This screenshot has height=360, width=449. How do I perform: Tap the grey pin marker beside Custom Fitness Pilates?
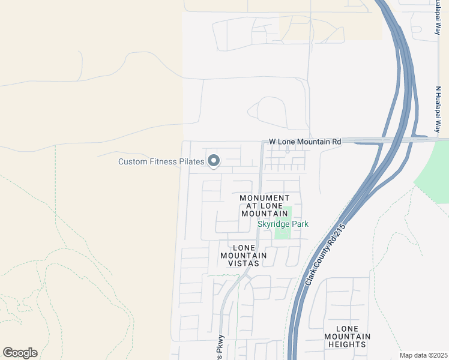(214, 161)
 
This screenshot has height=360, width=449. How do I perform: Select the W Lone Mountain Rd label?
(305, 142)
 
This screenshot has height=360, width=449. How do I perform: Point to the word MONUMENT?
(265, 198)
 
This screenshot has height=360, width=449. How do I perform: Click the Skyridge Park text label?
(283, 224)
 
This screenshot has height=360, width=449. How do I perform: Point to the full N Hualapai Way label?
(438, 109)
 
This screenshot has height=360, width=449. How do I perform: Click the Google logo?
(20, 353)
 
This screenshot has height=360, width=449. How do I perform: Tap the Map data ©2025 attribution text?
(423, 355)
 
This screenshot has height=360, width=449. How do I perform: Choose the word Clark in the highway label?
(311, 278)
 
